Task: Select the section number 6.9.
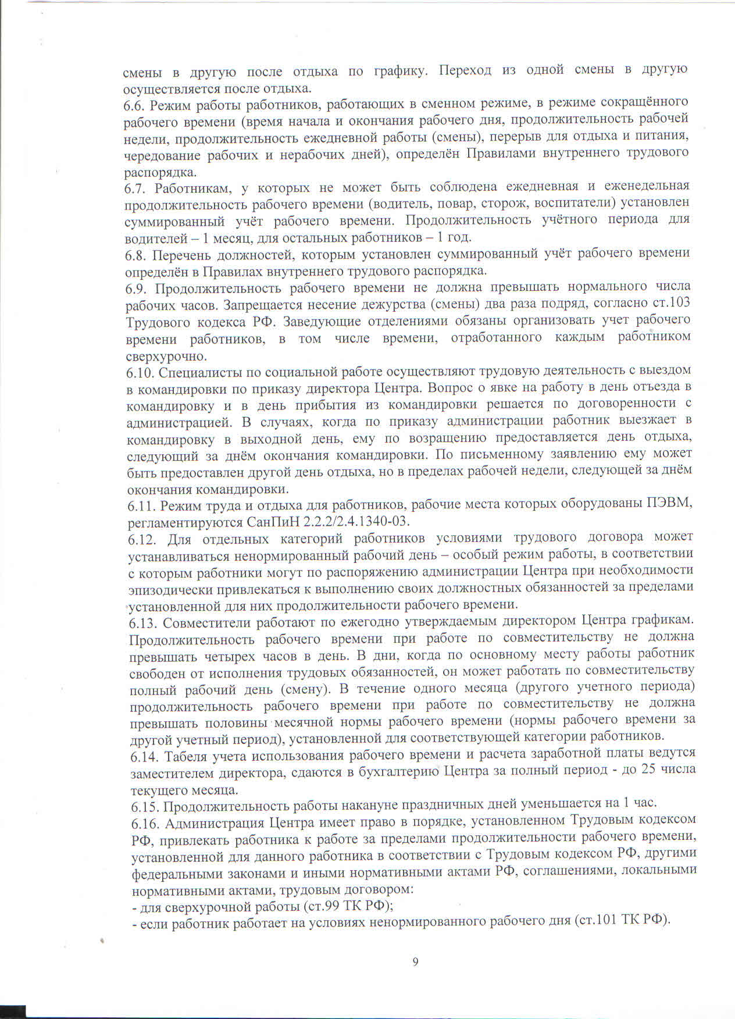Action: [136, 288]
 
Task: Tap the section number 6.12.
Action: [141, 540]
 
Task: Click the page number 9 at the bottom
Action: [415, 962]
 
